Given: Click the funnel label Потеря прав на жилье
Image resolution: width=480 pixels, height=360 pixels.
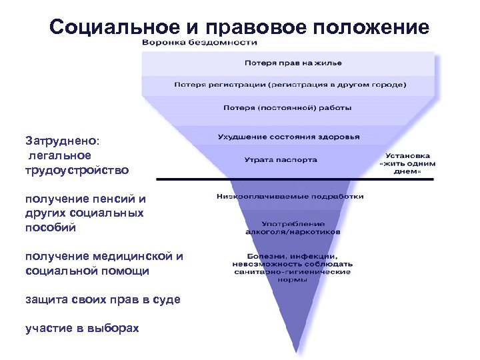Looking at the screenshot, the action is click(x=288, y=63).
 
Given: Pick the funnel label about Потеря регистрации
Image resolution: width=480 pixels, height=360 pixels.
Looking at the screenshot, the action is click(x=288, y=85).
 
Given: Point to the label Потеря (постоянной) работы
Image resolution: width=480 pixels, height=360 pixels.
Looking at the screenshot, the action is click(x=288, y=107).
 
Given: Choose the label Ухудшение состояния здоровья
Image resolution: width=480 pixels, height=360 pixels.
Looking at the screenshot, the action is click(x=288, y=137).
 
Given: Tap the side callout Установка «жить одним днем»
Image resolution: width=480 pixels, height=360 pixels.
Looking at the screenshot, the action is click(x=407, y=163).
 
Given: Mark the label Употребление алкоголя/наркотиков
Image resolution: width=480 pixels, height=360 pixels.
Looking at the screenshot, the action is click(x=291, y=227).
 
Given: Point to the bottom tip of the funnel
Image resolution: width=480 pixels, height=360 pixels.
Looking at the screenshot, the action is click(x=296, y=351).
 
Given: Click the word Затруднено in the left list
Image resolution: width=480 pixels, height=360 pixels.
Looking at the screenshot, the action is click(x=61, y=141).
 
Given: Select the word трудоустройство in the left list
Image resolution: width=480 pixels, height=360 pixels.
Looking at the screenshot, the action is click(x=77, y=170).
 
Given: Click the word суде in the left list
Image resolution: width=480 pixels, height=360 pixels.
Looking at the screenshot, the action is click(x=166, y=299).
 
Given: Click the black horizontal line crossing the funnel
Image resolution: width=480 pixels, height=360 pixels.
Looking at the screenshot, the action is click(x=200, y=179).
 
